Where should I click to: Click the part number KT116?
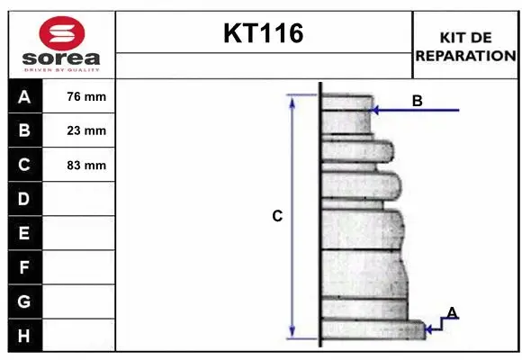coord(263,34)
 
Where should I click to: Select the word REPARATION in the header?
coord(466,55)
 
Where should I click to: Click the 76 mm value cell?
coord(86,96)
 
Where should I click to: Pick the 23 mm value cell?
coord(86,130)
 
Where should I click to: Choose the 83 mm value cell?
coord(86,165)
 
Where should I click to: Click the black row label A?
coord(24,96)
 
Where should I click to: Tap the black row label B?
coord(24,130)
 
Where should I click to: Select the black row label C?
coord(24,165)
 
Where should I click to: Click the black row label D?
coord(24,198)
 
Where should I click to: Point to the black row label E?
coord(24,233)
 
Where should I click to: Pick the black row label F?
coord(24,267)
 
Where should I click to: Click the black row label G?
coord(24,301)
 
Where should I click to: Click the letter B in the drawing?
coord(417,101)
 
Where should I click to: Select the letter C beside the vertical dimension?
coord(277,216)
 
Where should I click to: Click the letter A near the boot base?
coord(452,312)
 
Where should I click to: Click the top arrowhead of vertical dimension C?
coord(292,99)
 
